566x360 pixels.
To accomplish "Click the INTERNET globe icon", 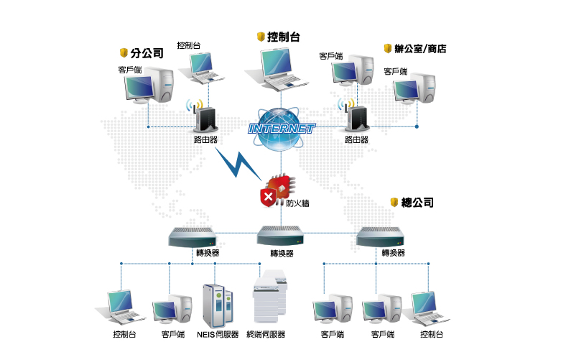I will click(281, 129).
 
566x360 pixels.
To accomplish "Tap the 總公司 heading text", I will click(417, 203).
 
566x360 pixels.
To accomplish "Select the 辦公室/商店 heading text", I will click(421, 49).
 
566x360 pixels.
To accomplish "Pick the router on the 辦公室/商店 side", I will click(355, 118).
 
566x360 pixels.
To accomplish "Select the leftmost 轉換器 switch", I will click(192, 236).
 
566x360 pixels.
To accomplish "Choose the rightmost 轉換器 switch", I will click(381, 236).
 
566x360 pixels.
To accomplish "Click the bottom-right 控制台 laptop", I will click(430, 308).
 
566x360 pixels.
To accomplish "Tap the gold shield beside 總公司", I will click(394, 203).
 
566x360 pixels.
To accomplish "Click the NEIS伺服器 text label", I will click(218, 334).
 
